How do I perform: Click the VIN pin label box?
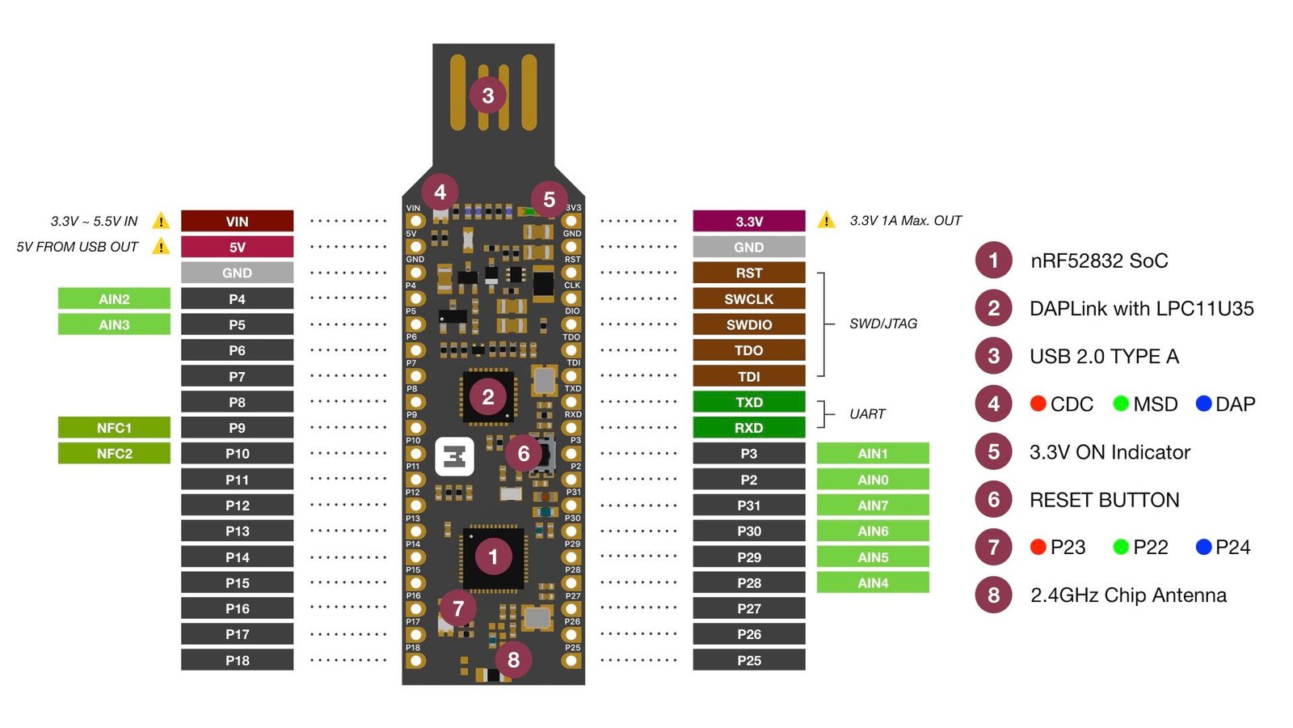tap(237, 221)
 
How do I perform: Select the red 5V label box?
tap(237, 247)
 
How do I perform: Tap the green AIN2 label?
tap(114, 298)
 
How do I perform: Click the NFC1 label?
tap(114, 428)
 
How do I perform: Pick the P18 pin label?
tap(237, 660)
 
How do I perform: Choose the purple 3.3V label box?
tap(748, 221)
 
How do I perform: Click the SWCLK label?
tap(748, 298)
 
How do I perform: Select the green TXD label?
tap(748, 402)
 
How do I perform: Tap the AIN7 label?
tap(873, 506)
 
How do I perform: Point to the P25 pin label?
tap(748, 660)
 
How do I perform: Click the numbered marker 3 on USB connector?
tap(487, 95)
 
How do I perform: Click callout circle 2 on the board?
tap(487, 397)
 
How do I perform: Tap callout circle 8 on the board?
tap(513, 659)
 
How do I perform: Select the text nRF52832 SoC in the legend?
tap(1099, 260)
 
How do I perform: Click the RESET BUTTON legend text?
tap(1104, 500)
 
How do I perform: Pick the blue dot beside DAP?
tap(1203, 404)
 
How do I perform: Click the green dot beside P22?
tap(1120, 548)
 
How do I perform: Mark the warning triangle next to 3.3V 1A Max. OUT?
tap(826, 220)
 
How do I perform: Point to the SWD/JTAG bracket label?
tap(883, 324)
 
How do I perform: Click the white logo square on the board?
tap(454, 457)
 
